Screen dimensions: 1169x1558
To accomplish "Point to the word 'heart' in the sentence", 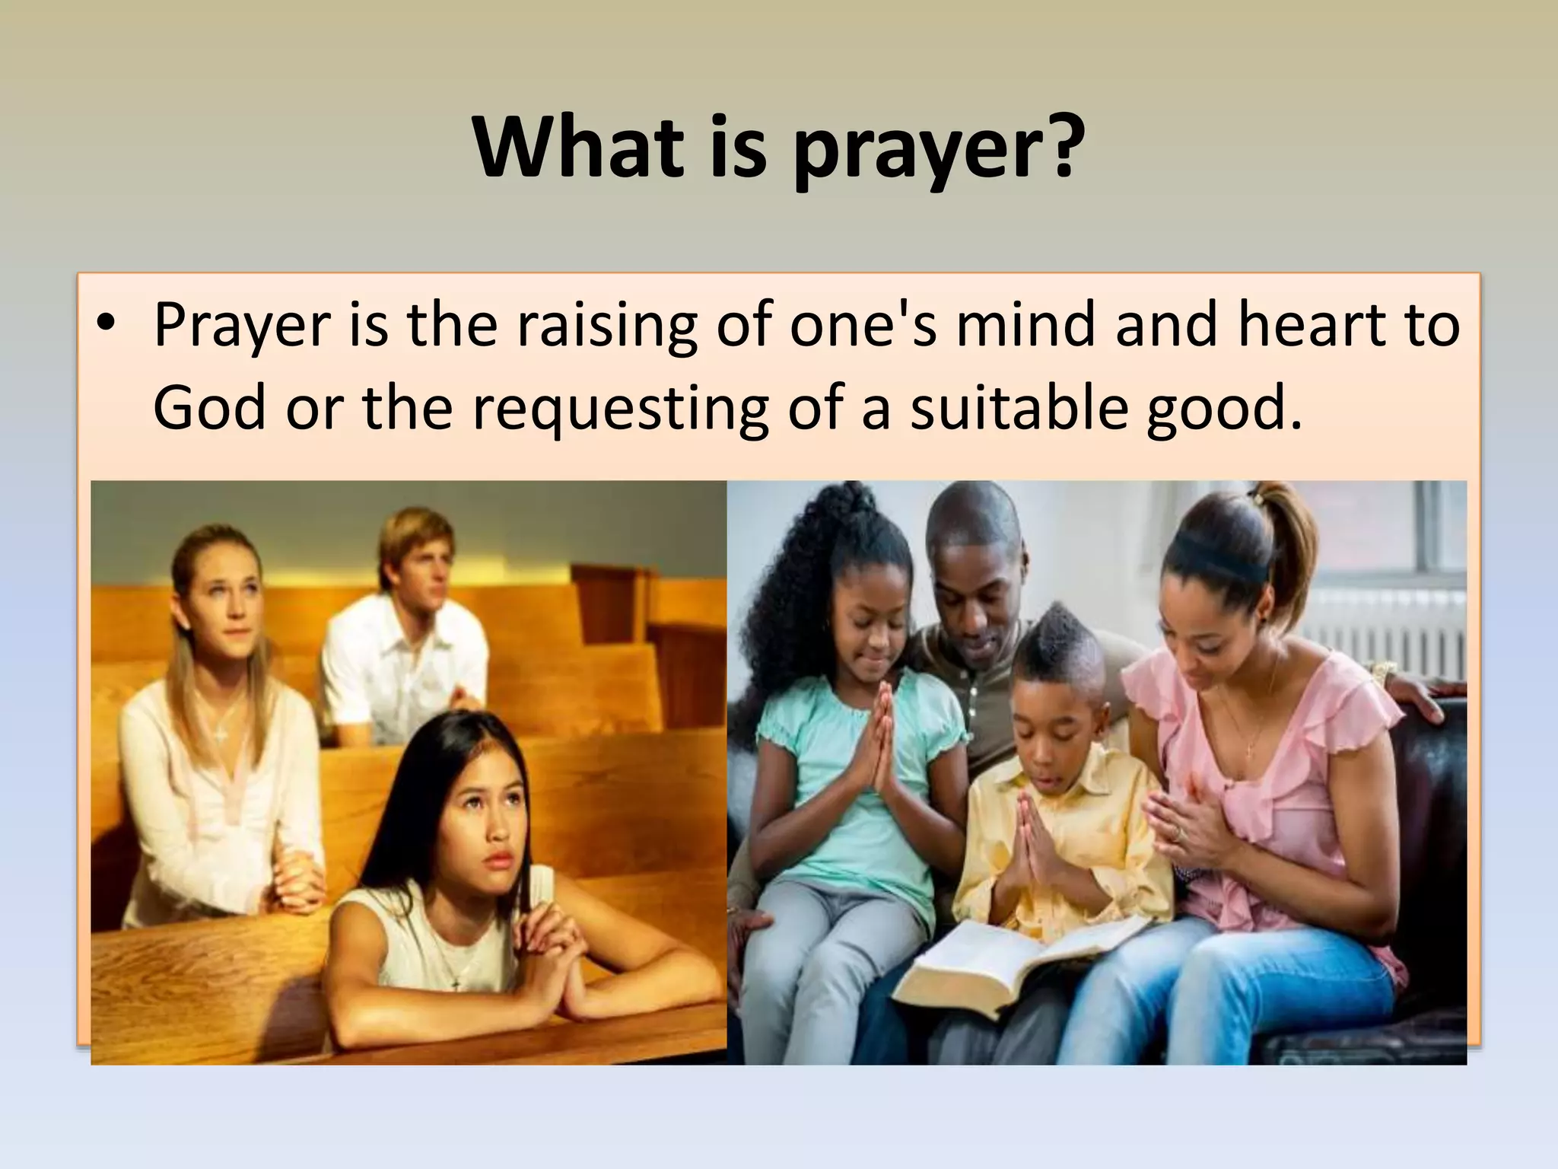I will (x=1312, y=326).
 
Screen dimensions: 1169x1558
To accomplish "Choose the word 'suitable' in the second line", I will (x=1016, y=408).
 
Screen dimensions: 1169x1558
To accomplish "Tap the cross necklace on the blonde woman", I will (x=221, y=731).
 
